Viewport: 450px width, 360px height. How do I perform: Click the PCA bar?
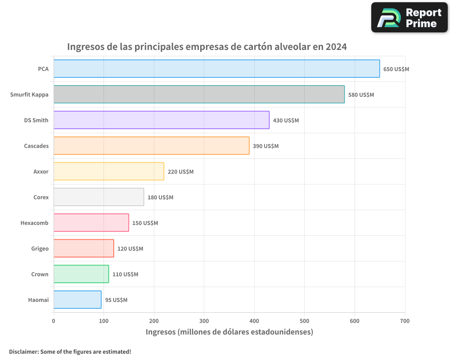click(216, 69)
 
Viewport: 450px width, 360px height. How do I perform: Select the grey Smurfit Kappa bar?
click(199, 94)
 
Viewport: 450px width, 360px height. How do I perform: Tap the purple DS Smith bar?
click(161, 120)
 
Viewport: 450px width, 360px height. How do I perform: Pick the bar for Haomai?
click(77, 300)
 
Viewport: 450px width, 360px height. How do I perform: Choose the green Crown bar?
click(81, 274)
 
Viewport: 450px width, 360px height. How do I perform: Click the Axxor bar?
click(108, 171)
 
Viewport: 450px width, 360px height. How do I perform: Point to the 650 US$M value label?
click(396, 69)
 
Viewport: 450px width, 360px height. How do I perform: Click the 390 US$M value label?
click(265, 146)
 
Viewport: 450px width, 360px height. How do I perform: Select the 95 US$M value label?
click(116, 300)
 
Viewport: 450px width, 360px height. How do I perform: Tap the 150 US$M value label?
click(145, 223)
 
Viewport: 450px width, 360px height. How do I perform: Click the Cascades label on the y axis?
click(36, 146)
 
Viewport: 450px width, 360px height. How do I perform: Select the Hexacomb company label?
click(34, 223)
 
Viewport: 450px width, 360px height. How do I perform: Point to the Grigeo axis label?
click(40, 249)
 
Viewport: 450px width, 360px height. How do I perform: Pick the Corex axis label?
click(41, 198)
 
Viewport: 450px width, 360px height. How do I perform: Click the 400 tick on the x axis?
click(254, 321)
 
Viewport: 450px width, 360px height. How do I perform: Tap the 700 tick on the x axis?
click(405, 321)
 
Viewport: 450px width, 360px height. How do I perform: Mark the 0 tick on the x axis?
click(54, 321)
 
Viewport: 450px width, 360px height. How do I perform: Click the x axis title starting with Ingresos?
click(229, 332)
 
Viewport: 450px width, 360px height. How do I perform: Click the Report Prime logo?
click(409, 18)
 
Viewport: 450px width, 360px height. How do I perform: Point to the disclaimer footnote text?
click(70, 351)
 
